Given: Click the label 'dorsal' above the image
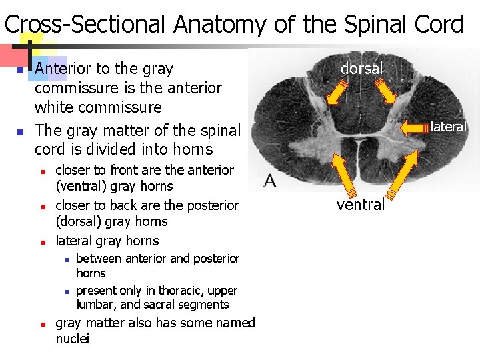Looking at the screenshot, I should (362, 69).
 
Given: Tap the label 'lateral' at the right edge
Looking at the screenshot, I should (449, 126).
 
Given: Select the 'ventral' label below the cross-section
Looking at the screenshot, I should (361, 205).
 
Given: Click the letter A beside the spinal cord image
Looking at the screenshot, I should (271, 180).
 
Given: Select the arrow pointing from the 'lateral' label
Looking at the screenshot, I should (414, 127).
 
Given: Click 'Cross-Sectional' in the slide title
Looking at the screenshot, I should (84, 25).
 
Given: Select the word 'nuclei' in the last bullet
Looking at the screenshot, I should (73, 339).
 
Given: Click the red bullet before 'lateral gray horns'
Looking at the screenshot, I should (41, 241).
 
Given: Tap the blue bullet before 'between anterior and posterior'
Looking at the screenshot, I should (67, 259).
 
